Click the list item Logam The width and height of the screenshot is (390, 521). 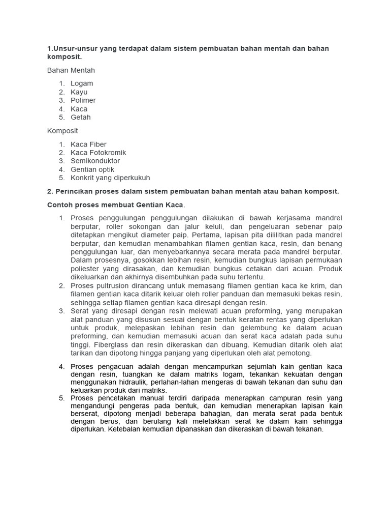click(82, 83)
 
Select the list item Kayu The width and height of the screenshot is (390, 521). click(79, 92)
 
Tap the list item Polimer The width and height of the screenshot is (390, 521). click(83, 100)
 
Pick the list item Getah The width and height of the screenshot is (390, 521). click(81, 117)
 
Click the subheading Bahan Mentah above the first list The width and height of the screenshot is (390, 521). click(71, 70)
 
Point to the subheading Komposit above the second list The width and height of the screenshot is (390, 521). click(62, 131)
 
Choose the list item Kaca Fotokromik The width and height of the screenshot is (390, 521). click(99, 153)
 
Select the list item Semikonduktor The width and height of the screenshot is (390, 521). click(95, 161)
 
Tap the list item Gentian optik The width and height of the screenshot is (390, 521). click(92, 169)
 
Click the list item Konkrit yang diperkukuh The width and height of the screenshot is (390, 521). click(110, 178)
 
